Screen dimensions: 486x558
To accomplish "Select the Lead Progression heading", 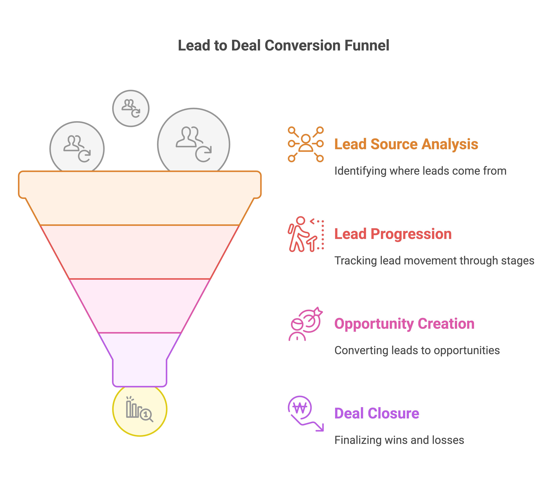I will point(393,234).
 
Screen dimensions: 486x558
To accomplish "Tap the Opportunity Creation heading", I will point(404,324).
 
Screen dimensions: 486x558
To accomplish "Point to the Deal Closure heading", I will point(377,413).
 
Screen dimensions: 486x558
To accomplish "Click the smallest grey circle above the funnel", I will point(131,108).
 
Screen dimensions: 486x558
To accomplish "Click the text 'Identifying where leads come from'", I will point(420,171).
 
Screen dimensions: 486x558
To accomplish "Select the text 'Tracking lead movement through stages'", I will point(434,261).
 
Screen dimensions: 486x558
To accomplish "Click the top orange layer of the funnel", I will point(140,198).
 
